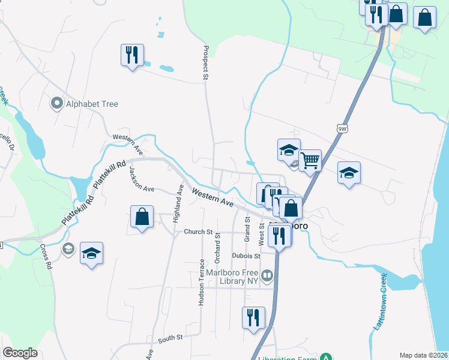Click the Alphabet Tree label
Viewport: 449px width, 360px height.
[92, 104]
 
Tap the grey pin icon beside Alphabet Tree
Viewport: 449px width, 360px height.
[58, 104]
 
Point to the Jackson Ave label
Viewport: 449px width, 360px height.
[141, 179]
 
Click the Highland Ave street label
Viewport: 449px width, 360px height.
[178, 204]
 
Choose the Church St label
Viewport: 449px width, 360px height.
[199, 232]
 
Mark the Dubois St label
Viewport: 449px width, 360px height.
[245, 256]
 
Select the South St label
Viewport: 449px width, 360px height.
[170, 339]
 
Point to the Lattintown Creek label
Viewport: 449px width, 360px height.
[381, 301]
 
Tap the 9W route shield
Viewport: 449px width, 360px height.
[342, 128]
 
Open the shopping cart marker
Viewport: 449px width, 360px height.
[310, 160]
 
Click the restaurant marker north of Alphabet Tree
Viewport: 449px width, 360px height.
[131, 55]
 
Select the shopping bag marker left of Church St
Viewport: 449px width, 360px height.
[142, 217]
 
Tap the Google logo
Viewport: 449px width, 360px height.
[20, 353]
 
